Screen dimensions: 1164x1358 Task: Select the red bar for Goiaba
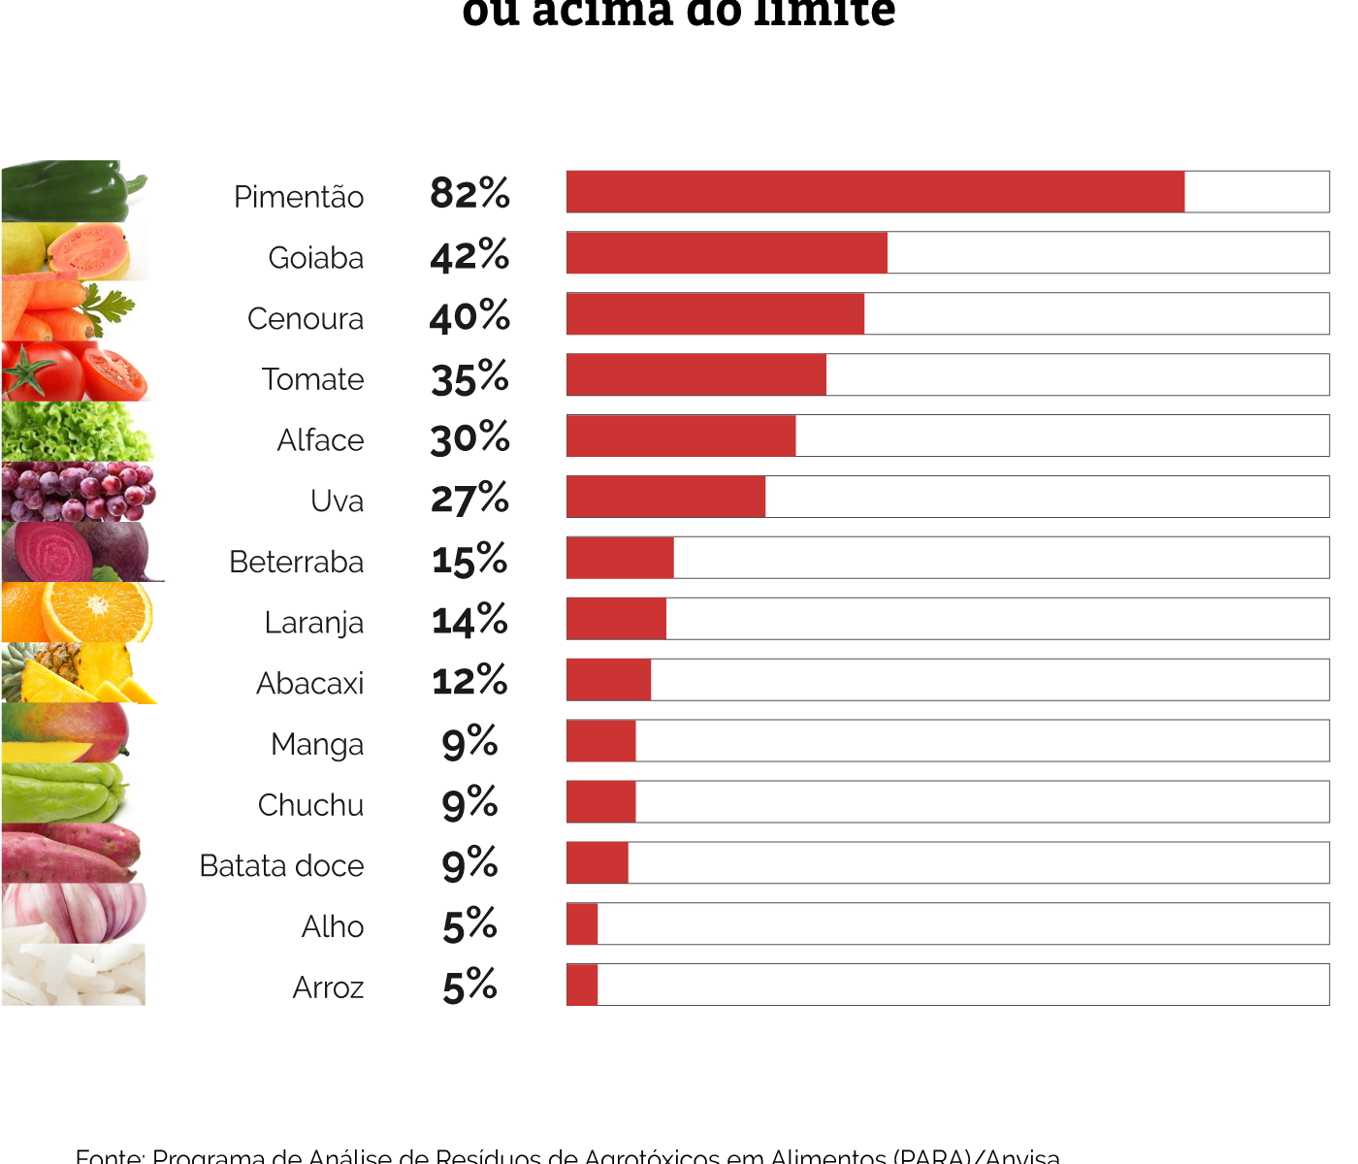pyautogui.click(x=727, y=253)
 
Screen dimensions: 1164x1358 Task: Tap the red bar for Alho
pyautogui.click(x=582, y=923)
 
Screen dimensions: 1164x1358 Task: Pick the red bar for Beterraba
pyautogui.click(x=620, y=558)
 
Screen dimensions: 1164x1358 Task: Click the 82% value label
pyautogui.click(x=469, y=193)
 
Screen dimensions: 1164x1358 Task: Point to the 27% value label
pyautogui.click(x=469, y=499)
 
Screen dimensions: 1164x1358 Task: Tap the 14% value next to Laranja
pyautogui.click(x=469, y=620)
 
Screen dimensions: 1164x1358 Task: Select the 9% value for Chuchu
pyautogui.click(x=469, y=803)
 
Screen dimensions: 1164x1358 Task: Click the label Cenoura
pyautogui.click(x=306, y=318)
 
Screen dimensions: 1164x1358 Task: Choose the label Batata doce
pyautogui.click(x=281, y=865)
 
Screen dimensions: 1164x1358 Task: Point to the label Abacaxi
pyautogui.click(x=310, y=683)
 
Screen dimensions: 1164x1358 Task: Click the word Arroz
pyautogui.click(x=328, y=987)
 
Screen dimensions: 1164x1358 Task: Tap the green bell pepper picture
pyautogui.click(x=73, y=191)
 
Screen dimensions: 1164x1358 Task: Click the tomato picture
pyautogui.click(x=73, y=372)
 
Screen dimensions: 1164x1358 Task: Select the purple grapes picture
pyautogui.click(x=76, y=492)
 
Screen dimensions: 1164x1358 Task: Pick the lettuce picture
pyautogui.click(x=76, y=432)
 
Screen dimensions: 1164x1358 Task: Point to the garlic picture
pyautogui.click(x=73, y=913)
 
